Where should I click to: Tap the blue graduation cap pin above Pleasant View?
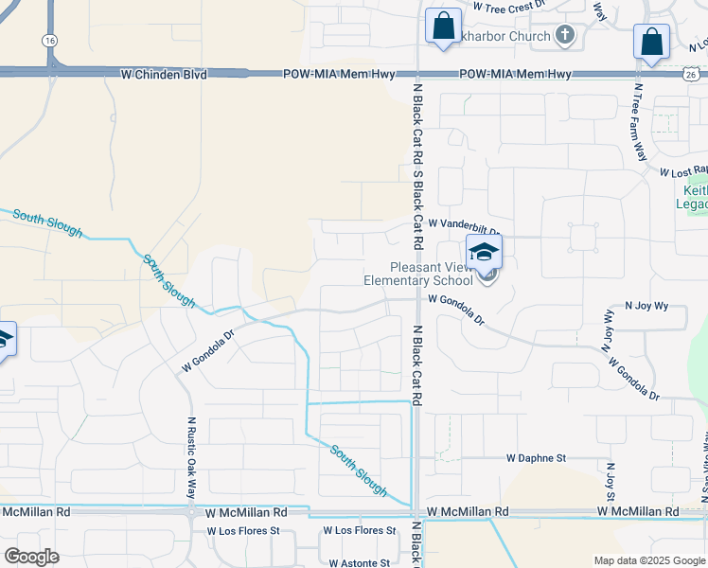point(484,252)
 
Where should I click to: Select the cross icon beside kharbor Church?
point(565,36)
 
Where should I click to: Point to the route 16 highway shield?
point(48,40)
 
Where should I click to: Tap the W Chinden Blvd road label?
point(163,74)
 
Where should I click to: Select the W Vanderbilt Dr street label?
point(463,224)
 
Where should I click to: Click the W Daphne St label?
point(536,458)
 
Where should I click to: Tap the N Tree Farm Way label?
point(640,122)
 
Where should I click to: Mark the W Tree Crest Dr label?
point(510,6)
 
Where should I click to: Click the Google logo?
point(31,556)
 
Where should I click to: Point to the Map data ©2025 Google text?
point(648,560)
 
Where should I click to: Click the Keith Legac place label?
point(694,197)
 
